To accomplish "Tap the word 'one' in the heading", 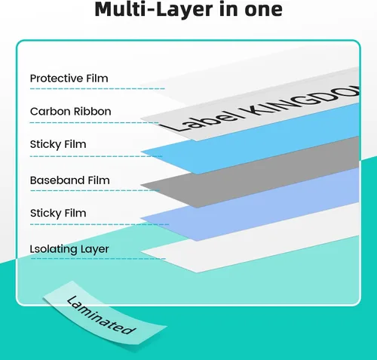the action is tap(263, 10).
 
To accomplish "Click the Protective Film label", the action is tap(69, 78).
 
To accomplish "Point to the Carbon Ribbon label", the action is tap(71, 112).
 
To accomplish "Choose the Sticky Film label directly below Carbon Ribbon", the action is tap(58, 145).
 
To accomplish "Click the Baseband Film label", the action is tap(70, 180).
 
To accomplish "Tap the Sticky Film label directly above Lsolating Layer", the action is tap(58, 214).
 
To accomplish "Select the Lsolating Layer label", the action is tap(69, 249).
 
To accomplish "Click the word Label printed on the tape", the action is tap(201, 120).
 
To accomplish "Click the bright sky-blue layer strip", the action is tap(250, 139).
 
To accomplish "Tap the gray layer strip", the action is tap(250, 172).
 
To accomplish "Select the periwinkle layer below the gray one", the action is tap(250, 205).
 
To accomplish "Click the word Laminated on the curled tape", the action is tap(101, 315).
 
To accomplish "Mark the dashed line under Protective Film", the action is tap(97, 88).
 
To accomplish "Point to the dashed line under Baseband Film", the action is tap(95, 190).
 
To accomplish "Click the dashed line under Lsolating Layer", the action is tap(98, 258).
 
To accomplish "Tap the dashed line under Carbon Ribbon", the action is tap(94, 123).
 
